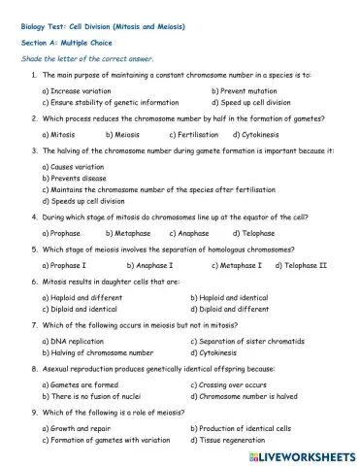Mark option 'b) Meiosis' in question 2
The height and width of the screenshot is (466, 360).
tap(126, 134)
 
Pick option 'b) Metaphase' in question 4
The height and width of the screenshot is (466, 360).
tap(126, 233)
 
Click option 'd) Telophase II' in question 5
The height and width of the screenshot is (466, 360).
tap(301, 265)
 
